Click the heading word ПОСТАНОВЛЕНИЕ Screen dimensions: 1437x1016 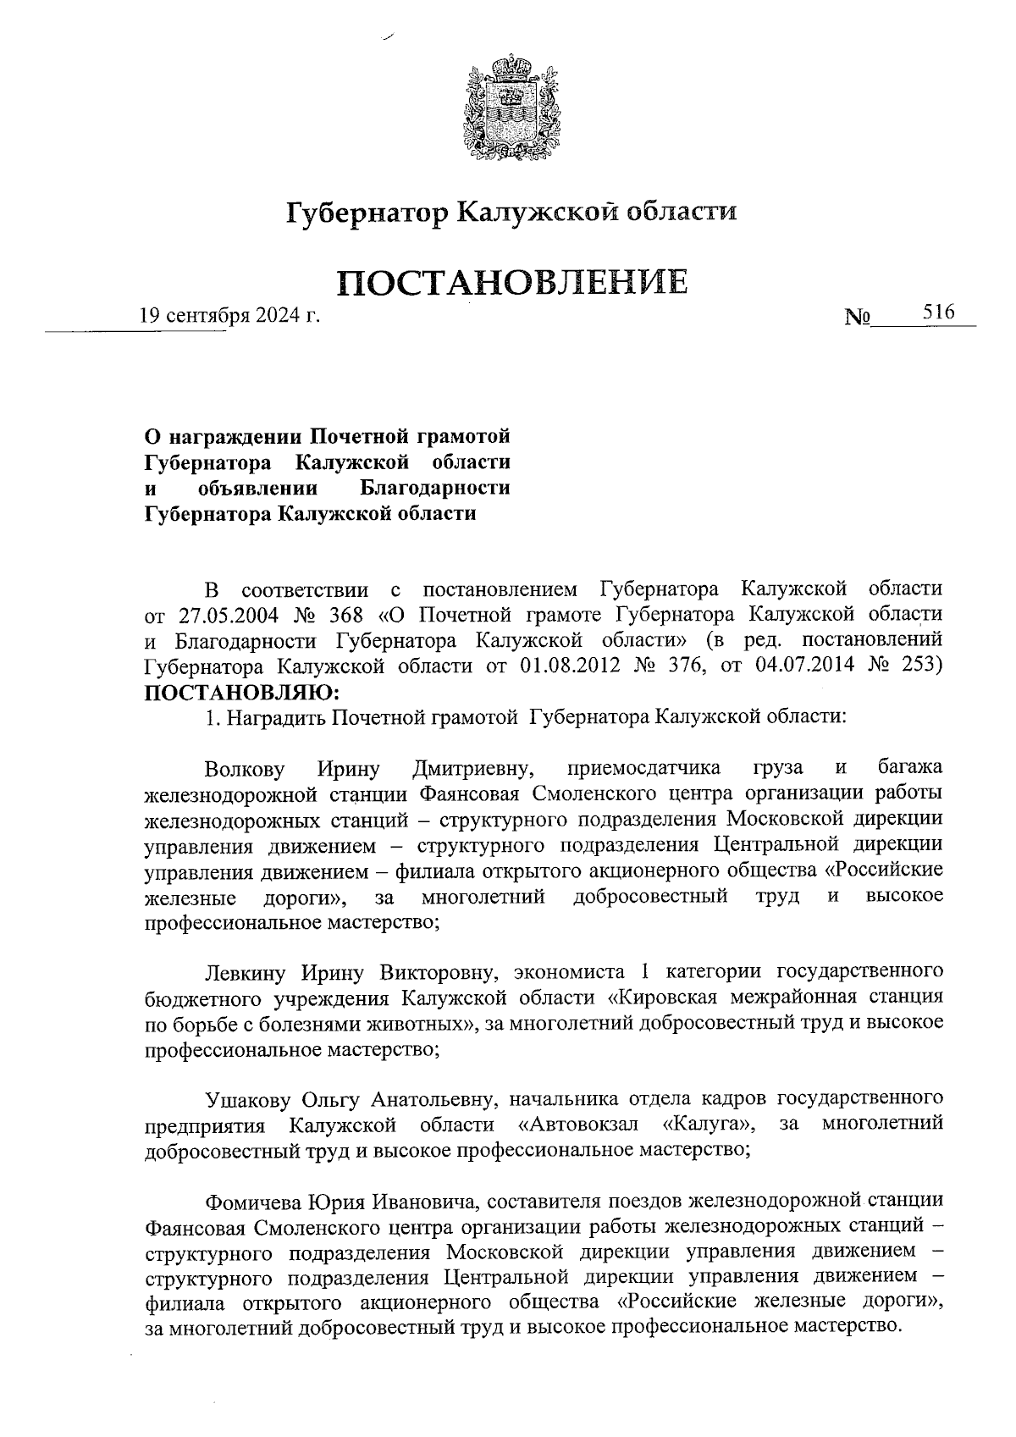click(x=512, y=282)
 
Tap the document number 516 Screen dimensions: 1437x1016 click(x=938, y=312)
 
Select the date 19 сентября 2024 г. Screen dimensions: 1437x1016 click(x=229, y=317)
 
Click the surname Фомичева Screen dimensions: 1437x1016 click(x=251, y=1202)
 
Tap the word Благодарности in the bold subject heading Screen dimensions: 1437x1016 click(x=435, y=489)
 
